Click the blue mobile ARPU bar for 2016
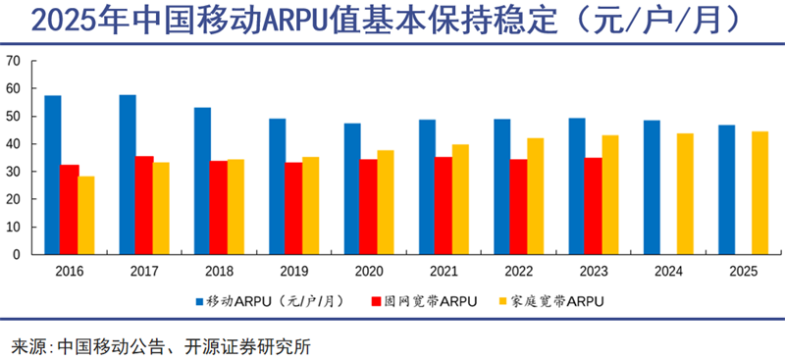[53, 175]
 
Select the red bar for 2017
[144, 205]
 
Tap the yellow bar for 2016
[87, 215]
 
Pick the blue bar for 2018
[202, 180]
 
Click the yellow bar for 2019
[311, 205]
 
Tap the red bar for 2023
[593, 205]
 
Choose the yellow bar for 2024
[685, 194]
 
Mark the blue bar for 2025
[726, 189]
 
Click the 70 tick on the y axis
[14, 61]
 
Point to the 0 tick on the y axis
[17, 254]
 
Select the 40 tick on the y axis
[14, 143]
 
